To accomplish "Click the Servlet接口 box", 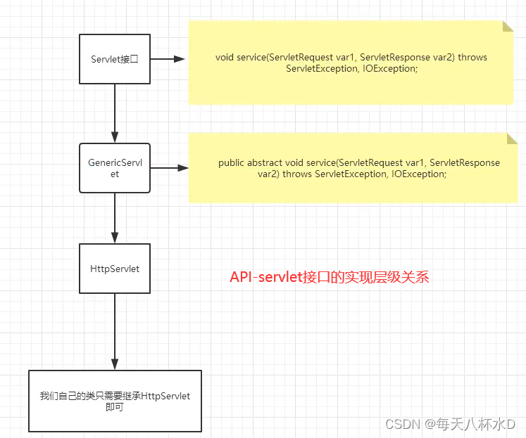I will (115, 59).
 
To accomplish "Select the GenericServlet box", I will (115, 168).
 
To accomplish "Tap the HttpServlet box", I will (115, 269).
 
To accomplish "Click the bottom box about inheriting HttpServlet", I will (115, 401).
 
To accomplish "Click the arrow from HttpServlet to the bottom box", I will (115, 330).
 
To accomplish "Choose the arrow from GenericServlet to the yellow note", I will (169, 168).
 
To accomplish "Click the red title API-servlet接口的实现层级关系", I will (329, 277).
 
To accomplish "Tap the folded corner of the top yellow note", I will (508, 26).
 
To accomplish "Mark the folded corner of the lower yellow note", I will (512, 138).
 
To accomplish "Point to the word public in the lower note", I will (231, 162).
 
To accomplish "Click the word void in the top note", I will (224, 58).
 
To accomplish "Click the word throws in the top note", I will (472, 58).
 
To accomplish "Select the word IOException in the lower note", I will (419, 174).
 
